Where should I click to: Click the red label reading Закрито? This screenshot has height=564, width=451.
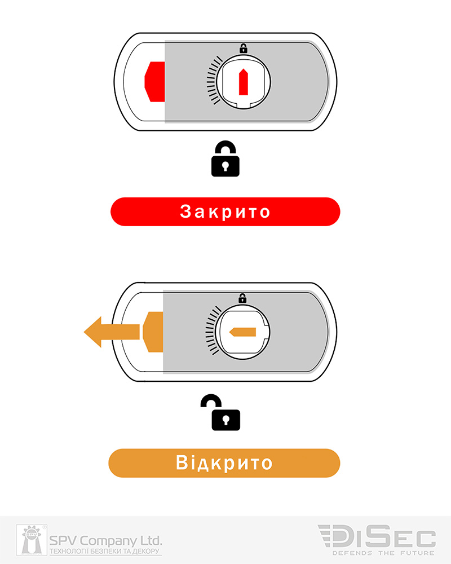coord(225,211)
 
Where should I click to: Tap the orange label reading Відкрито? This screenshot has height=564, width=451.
coord(224,463)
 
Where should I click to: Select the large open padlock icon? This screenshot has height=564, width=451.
coord(222,413)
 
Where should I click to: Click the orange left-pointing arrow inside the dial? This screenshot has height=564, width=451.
coord(242,332)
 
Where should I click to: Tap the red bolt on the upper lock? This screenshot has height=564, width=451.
coord(154,82)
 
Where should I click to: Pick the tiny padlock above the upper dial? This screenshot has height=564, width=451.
coord(244,49)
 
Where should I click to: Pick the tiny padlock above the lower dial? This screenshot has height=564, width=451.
coord(242,298)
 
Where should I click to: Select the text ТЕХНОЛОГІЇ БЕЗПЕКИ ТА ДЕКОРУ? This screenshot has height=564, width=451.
coord(105,551)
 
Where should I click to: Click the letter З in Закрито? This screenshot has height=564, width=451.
coord(187,212)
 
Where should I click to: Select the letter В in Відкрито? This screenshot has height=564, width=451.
coord(183,463)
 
